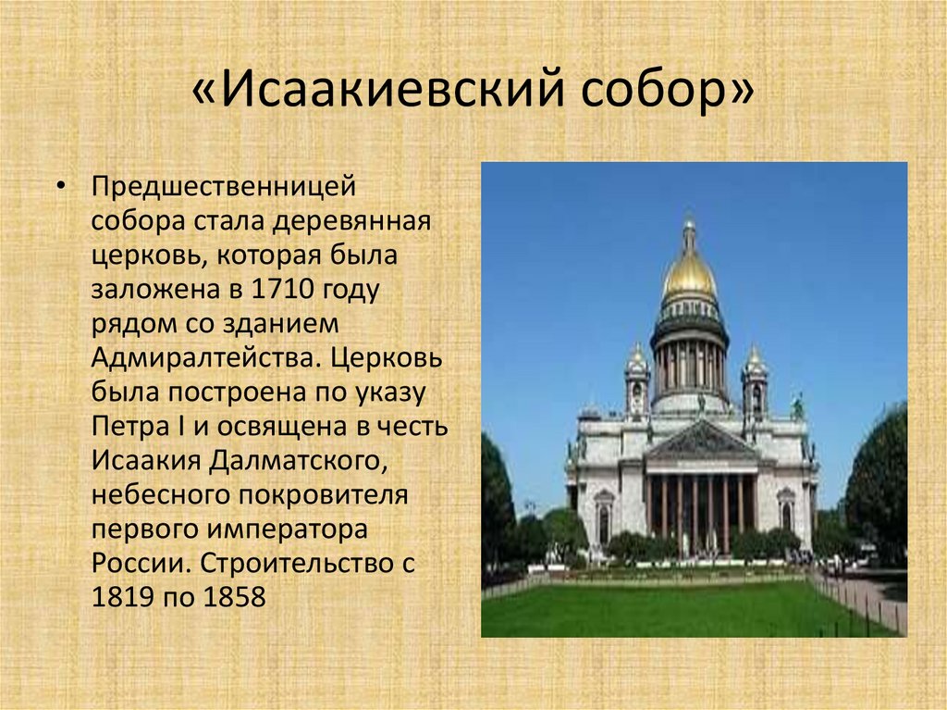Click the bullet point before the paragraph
[x=60, y=185]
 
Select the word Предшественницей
[x=224, y=186]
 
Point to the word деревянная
[x=351, y=221]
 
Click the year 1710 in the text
[x=282, y=289]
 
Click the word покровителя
[x=323, y=496]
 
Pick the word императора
[x=288, y=530]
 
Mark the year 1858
[x=234, y=597]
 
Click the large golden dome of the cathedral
[x=689, y=273]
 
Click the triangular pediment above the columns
[x=701, y=442]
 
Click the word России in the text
[x=141, y=565]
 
